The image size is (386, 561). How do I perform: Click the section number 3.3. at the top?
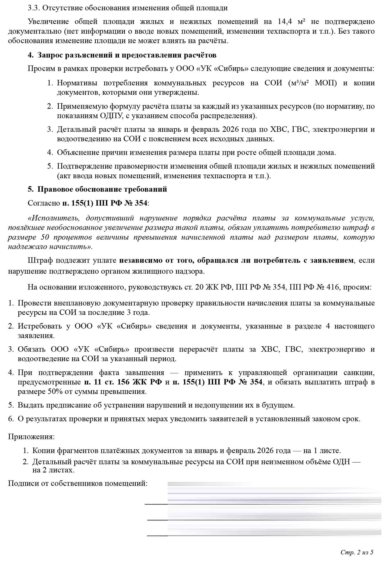34,8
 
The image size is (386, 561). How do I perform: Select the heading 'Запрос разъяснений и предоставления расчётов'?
127,55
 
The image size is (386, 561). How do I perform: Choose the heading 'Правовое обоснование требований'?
102,190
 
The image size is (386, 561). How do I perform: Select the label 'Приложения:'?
31,437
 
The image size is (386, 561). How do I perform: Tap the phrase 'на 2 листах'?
53,470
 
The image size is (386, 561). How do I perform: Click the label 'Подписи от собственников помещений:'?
78,484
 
